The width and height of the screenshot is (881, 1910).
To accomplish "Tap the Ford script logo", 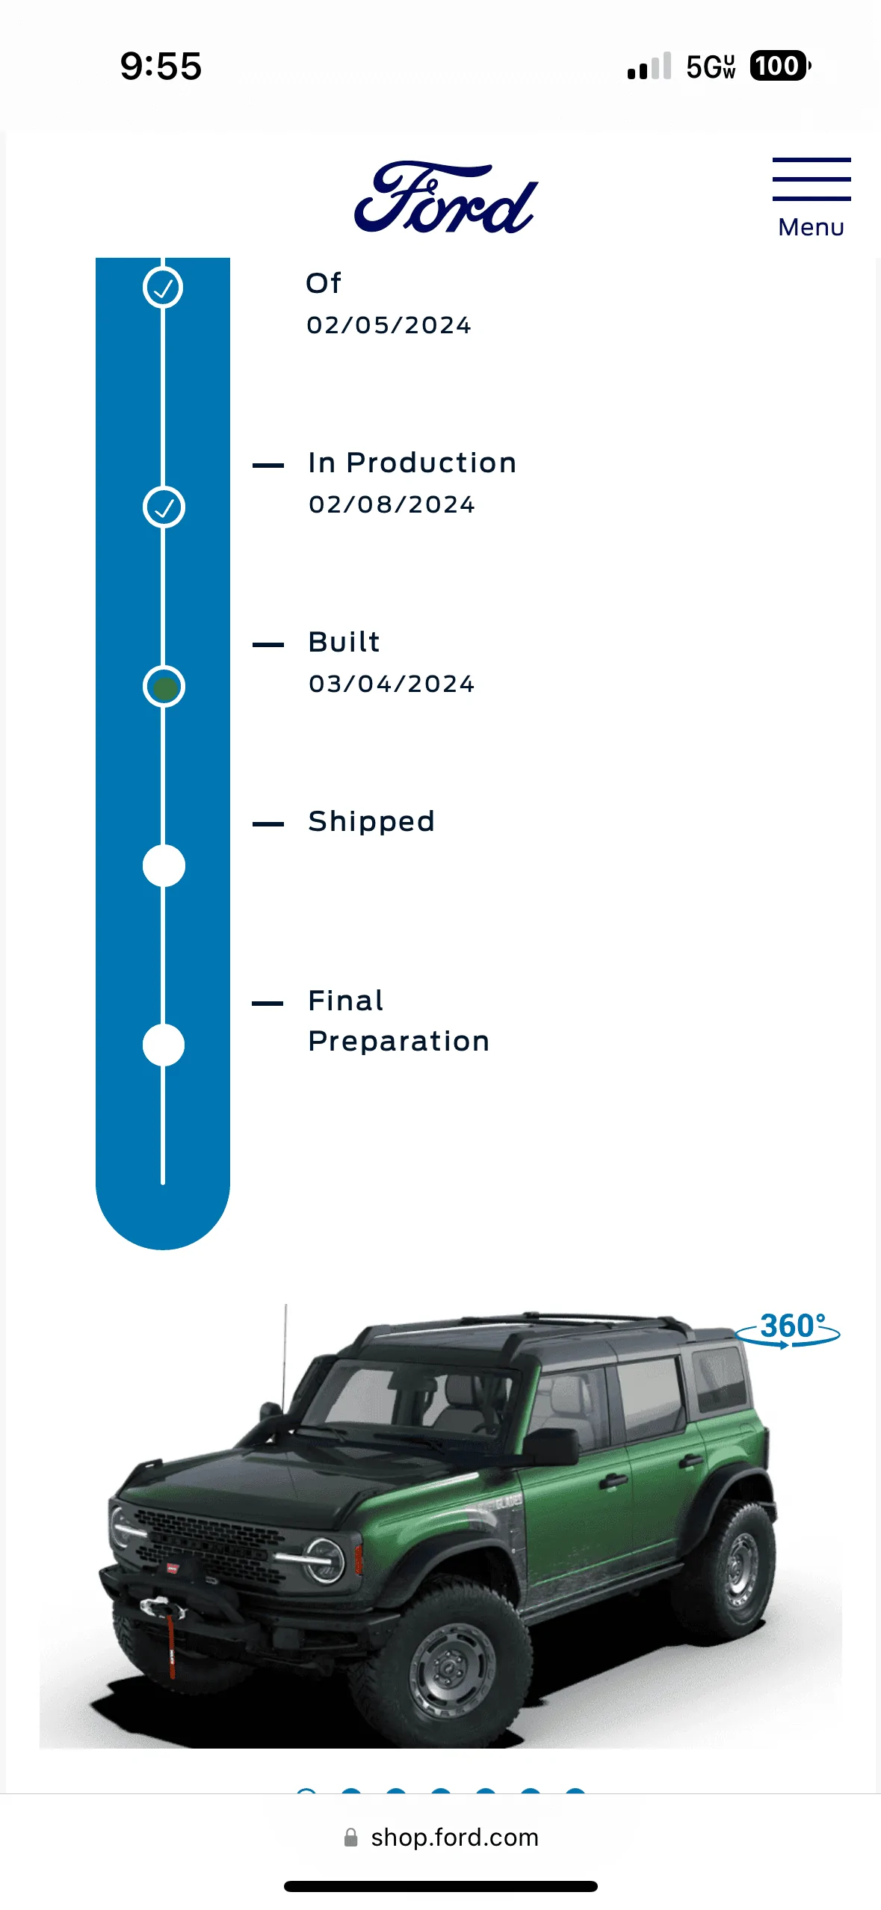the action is click(445, 197).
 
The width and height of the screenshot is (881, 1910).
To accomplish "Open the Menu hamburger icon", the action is click(812, 179).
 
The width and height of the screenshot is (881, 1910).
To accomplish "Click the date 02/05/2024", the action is click(389, 325).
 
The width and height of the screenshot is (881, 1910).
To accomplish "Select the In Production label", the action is click(412, 463).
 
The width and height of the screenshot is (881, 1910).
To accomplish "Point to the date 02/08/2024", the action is click(392, 504).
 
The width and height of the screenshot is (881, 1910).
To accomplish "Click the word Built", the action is click(344, 642).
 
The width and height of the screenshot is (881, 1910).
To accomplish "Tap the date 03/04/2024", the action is click(392, 684).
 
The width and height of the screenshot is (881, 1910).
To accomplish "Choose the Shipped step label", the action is click(371, 822).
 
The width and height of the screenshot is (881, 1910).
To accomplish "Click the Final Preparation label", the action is click(399, 1021).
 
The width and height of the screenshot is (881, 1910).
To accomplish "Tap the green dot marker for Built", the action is click(164, 687).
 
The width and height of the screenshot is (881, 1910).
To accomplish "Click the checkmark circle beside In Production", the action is click(164, 507).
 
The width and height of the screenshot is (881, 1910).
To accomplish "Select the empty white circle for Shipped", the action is click(164, 866).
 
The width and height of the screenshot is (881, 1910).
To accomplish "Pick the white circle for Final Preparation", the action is click(164, 1045).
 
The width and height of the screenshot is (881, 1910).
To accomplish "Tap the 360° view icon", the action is click(789, 1330).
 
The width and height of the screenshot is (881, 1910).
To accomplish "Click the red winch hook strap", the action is click(171, 1639).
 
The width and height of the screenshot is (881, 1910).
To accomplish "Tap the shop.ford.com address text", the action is click(454, 1838).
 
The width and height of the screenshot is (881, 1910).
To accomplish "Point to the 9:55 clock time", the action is click(161, 66).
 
